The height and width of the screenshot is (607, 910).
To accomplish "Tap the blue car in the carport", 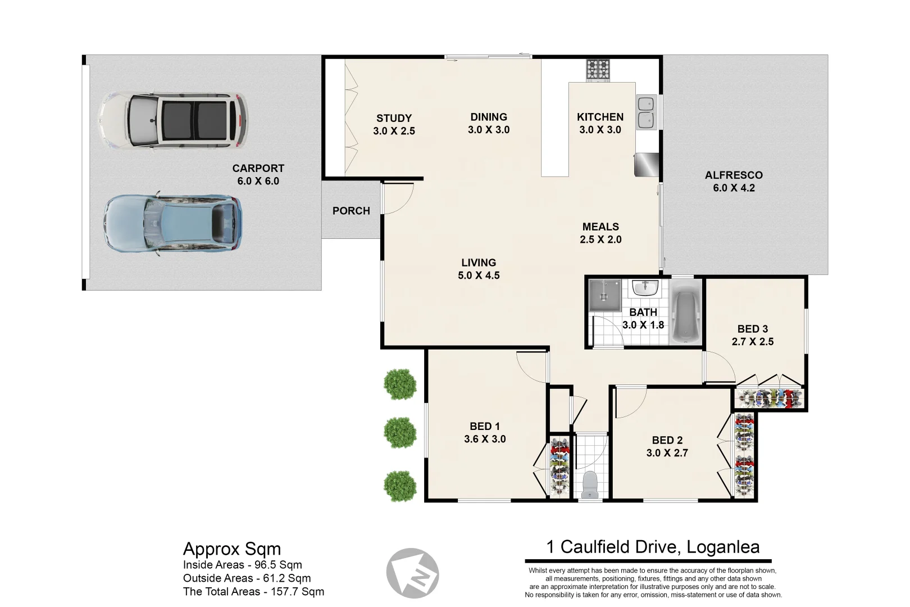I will pyautogui.click(x=173, y=223).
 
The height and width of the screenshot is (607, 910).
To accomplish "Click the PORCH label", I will pyautogui.click(x=351, y=211).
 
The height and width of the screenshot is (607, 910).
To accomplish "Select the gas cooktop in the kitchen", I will pyautogui.click(x=598, y=70).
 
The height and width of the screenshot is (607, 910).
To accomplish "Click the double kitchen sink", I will pyautogui.click(x=646, y=112).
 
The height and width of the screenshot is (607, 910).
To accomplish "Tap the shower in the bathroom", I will pyautogui.click(x=604, y=295).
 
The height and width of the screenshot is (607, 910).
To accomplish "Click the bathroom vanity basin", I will pyautogui.click(x=645, y=289).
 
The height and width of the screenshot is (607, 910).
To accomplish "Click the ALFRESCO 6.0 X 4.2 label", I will pyautogui.click(x=734, y=182).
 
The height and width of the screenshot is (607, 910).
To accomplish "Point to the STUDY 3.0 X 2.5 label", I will pyautogui.click(x=394, y=125).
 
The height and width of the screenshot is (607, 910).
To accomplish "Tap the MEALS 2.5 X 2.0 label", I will pyautogui.click(x=600, y=233).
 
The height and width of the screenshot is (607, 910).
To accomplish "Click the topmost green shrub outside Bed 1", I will pyautogui.click(x=400, y=384).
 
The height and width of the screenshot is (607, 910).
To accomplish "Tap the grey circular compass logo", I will pyautogui.click(x=413, y=574).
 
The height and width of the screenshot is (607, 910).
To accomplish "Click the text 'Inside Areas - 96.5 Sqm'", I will pyautogui.click(x=242, y=565).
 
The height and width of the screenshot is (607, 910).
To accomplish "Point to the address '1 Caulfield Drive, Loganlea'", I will pyautogui.click(x=653, y=547).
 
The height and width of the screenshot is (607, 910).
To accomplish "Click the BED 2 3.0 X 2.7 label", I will pyautogui.click(x=667, y=447).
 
